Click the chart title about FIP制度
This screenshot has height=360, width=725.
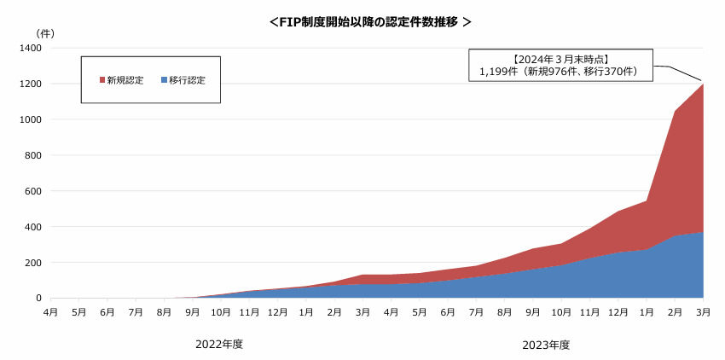click(x=370, y=22)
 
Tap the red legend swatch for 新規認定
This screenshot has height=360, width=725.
click(x=101, y=80)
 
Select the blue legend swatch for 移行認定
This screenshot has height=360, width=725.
click(x=164, y=80)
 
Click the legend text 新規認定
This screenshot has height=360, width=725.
click(x=125, y=80)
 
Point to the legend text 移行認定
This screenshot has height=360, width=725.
click(x=187, y=80)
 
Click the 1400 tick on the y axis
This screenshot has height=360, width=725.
click(x=32, y=48)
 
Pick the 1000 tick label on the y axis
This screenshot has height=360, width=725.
click(x=32, y=119)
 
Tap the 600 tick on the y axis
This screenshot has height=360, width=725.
click(x=34, y=191)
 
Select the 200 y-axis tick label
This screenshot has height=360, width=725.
click(x=34, y=263)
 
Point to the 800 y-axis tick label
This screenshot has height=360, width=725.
click(x=34, y=155)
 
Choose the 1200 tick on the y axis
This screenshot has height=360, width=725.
click(x=32, y=84)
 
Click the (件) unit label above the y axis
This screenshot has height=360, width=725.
click(x=45, y=33)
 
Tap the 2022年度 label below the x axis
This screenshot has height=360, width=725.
click(x=219, y=345)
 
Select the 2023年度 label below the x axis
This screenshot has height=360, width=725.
click(x=546, y=345)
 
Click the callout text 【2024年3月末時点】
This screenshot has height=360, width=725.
click(x=560, y=60)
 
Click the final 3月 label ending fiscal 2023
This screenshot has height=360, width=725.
click(x=704, y=312)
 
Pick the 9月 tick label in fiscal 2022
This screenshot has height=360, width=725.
click(x=193, y=312)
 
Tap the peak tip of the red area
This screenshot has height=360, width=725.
click(x=703, y=84)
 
